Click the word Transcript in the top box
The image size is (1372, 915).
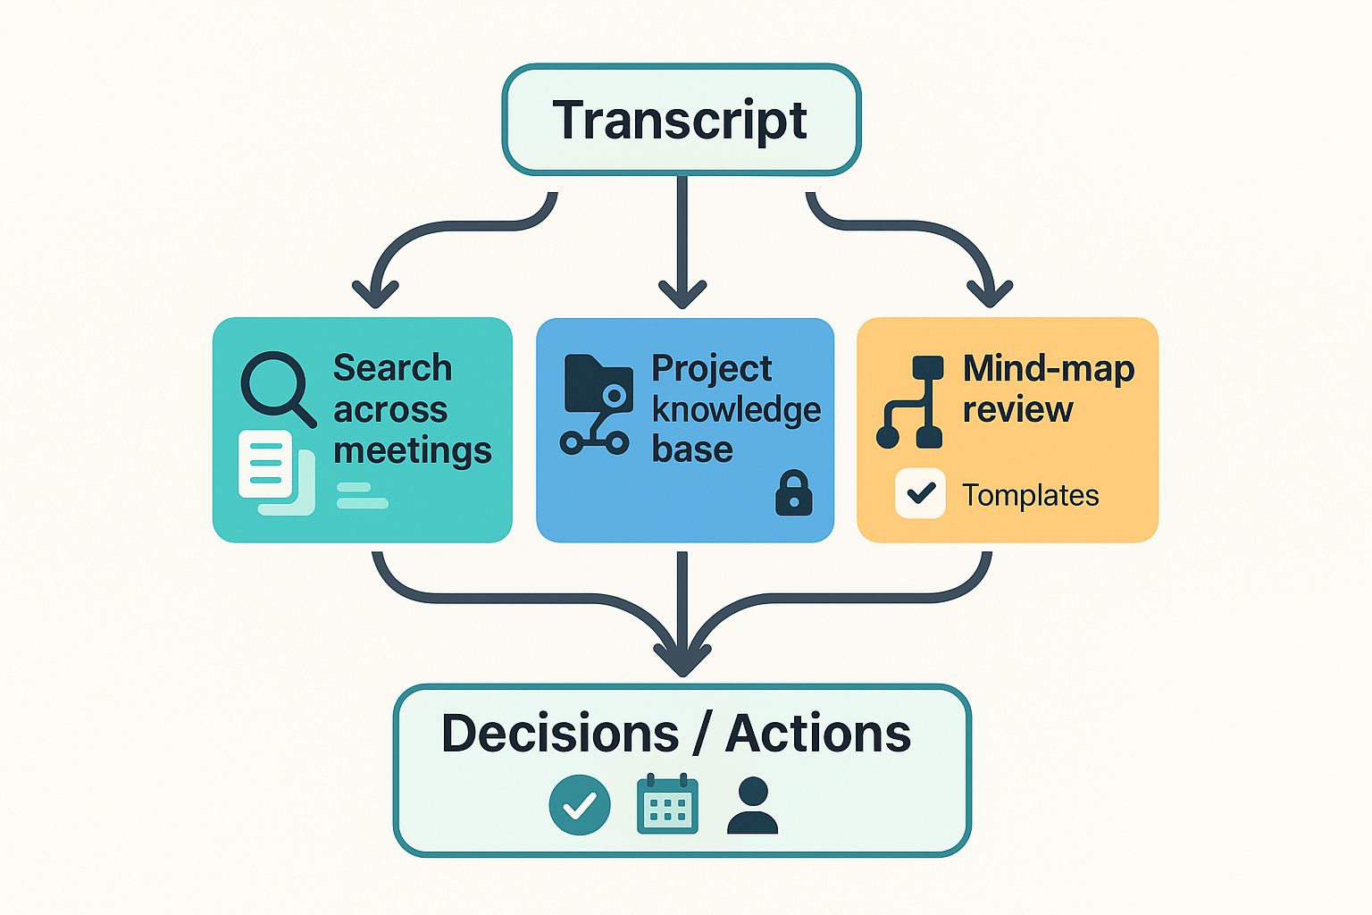[x=680, y=121]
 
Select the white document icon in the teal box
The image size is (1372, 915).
[x=266, y=464]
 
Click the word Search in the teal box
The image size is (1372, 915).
[x=392, y=368]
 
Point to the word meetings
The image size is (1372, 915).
[x=412, y=450]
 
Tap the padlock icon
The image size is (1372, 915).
[x=793, y=494]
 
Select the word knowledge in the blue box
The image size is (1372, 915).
[x=736, y=409]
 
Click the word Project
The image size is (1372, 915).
[x=711, y=368]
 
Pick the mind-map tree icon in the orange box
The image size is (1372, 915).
[x=911, y=402]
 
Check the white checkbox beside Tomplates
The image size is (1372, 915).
[x=920, y=493]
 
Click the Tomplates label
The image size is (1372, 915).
[x=1030, y=495]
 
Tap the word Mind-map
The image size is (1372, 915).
[x=1049, y=368]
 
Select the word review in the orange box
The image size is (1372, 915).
[x=1017, y=409]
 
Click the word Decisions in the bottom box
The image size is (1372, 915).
[x=560, y=734]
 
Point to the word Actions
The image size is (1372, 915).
[x=817, y=734]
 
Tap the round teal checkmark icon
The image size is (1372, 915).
[x=580, y=805]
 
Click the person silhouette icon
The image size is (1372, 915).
[x=752, y=805]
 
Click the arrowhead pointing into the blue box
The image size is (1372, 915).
[x=682, y=293]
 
